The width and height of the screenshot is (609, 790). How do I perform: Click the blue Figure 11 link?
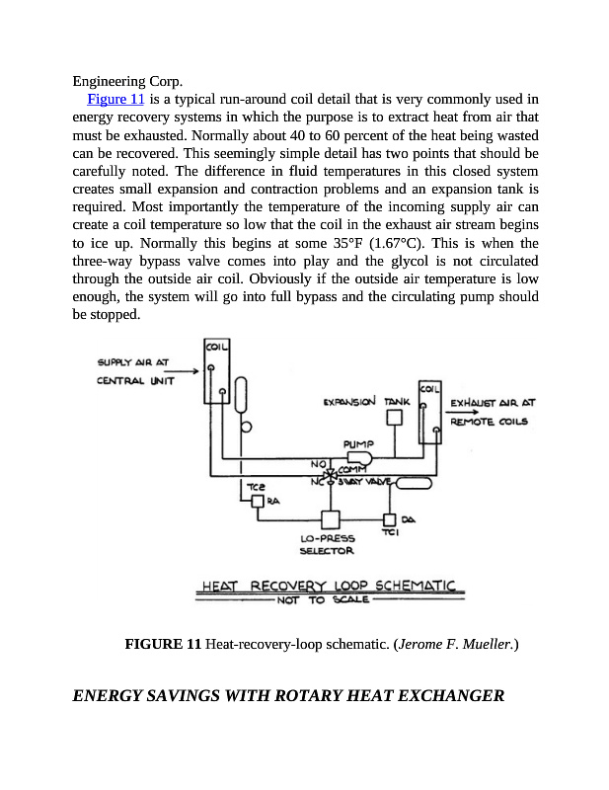tap(116, 99)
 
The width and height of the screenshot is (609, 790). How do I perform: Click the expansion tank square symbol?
tap(394, 418)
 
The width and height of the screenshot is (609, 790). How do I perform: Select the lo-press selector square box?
tap(330, 519)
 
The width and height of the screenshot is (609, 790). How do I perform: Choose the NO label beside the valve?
tap(317, 463)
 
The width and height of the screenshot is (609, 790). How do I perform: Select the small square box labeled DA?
tap(389, 520)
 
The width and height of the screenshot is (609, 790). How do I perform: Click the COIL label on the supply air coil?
tap(216, 347)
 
